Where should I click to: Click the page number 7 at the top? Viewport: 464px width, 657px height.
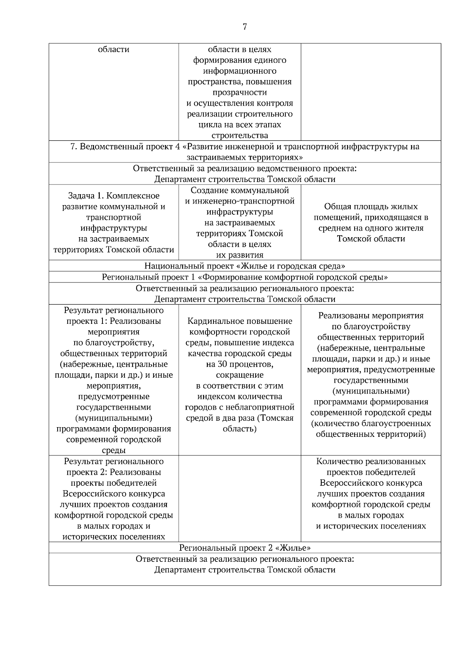click(x=244, y=27)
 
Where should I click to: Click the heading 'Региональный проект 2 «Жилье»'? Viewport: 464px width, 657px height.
click(x=245, y=547)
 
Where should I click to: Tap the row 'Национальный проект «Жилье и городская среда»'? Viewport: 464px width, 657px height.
click(x=245, y=266)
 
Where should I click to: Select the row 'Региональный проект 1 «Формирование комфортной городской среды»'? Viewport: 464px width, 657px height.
click(x=245, y=277)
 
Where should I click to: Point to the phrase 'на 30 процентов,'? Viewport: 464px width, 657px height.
click(x=239, y=364)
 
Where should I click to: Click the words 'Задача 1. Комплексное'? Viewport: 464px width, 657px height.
click(x=114, y=196)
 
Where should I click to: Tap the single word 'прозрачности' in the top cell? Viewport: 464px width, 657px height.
click(x=239, y=92)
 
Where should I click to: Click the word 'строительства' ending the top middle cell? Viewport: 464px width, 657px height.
click(x=239, y=135)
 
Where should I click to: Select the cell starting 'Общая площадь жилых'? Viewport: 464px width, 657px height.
click(x=370, y=222)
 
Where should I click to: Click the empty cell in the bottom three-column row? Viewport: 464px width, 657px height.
click(x=239, y=498)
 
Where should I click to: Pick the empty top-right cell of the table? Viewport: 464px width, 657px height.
click(x=370, y=92)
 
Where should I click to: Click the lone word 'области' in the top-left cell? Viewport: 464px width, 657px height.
click(x=114, y=50)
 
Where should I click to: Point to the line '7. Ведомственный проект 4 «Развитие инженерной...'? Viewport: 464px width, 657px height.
click(x=245, y=147)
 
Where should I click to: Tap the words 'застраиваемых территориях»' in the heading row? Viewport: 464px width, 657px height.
click(x=245, y=157)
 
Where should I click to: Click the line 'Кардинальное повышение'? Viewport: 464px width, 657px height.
click(x=239, y=321)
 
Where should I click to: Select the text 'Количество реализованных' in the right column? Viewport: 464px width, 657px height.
click(x=370, y=461)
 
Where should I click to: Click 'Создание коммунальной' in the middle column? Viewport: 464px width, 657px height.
click(x=239, y=190)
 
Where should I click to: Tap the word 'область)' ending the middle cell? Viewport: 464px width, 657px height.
click(x=239, y=429)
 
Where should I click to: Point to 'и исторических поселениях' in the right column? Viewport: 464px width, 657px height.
click(x=370, y=526)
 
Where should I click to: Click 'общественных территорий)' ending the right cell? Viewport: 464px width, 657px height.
click(x=370, y=434)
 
